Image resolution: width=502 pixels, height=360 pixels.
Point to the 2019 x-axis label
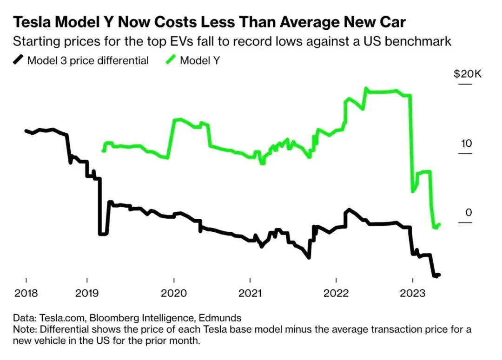pos(86,294)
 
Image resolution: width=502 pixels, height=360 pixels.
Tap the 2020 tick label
pos(173,294)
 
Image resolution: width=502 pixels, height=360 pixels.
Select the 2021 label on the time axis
pos(250,294)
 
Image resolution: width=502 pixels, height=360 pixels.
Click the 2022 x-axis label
pos(336,294)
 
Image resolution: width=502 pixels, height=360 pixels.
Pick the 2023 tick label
pos(413,294)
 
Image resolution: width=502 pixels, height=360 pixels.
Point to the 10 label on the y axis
pos(466,143)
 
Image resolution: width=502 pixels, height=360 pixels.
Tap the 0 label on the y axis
pos(469,213)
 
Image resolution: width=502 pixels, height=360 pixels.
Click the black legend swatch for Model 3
pos(19,60)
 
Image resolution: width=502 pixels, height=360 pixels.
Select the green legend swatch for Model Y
pos(171,60)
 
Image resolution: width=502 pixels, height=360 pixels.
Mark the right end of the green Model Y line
pos(439,224)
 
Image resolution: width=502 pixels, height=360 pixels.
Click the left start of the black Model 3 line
pos(26,131)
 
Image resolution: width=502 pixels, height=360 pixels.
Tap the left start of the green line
pos(103,151)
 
